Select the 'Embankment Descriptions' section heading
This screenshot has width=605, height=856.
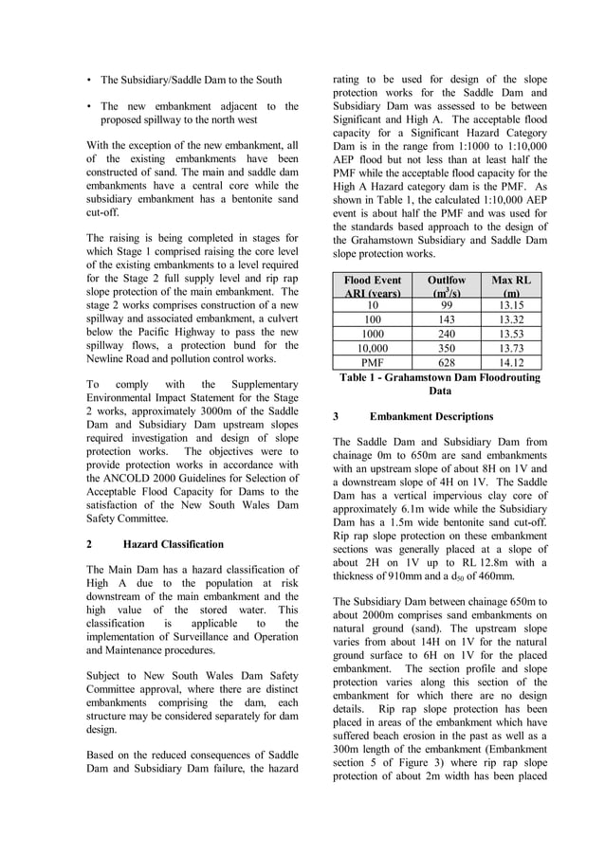pyautogui.click(x=431, y=416)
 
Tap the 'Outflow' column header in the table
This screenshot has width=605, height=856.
pyautogui.click(x=447, y=281)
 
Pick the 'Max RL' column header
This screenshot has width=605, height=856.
pyautogui.click(x=511, y=281)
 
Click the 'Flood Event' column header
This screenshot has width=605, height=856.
pyautogui.click(x=372, y=281)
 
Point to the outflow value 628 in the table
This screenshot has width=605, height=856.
pyautogui.click(x=447, y=362)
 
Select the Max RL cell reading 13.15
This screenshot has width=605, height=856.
pyautogui.click(x=511, y=305)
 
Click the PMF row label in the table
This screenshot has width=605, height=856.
pyautogui.click(x=372, y=362)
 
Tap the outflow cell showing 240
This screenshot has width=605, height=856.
pyautogui.click(x=447, y=334)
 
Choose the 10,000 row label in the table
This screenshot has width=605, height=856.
pyautogui.click(x=372, y=348)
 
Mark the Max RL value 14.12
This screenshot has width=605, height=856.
pyautogui.click(x=511, y=362)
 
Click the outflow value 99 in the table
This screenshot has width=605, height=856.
pyautogui.click(x=447, y=305)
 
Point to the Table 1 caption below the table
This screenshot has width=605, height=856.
pyautogui.click(x=440, y=384)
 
